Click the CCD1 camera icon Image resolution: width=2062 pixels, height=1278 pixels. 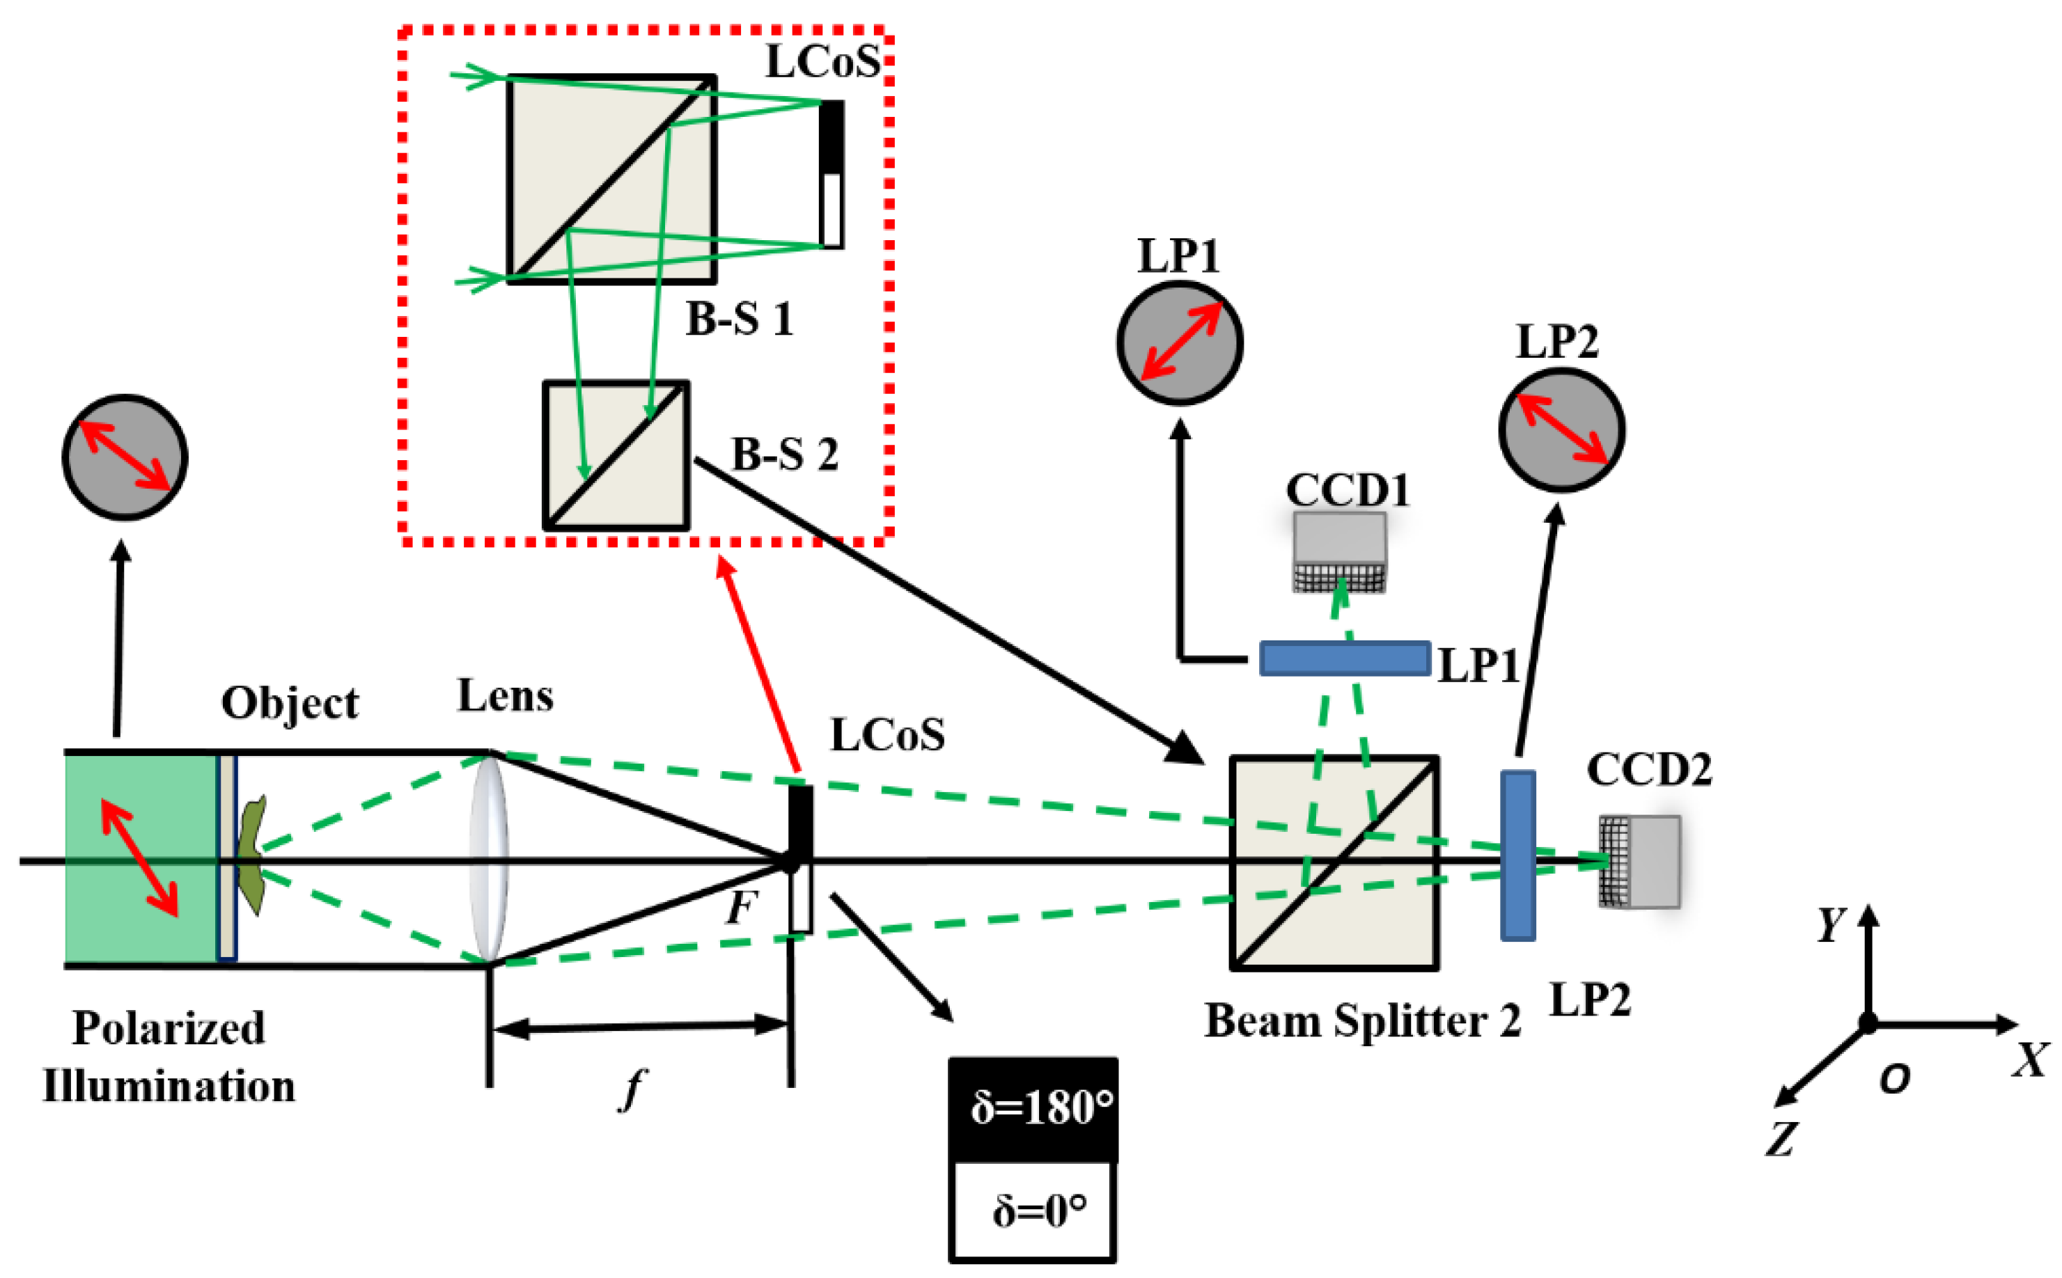coord(1338,551)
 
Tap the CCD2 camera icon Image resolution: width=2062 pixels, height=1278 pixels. coord(1638,860)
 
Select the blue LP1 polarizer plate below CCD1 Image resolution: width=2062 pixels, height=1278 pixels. coord(1343,658)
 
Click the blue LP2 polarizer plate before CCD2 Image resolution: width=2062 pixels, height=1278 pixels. coord(1517,855)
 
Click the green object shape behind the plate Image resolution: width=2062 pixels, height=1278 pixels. coord(252,853)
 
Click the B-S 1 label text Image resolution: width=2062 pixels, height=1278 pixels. coord(739,319)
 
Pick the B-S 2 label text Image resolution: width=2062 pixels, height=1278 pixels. coord(783,455)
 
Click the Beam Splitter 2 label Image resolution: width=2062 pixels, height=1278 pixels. coord(1361,1020)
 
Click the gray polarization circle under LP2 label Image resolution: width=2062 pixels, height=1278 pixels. coord(1561,429)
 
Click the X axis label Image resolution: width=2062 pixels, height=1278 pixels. coord(2029,1060)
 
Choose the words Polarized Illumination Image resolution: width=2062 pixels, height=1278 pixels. coord(169,1057)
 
